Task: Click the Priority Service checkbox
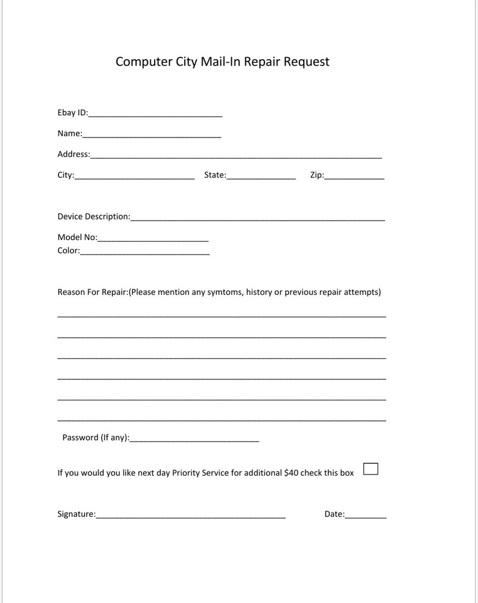coord(371,469)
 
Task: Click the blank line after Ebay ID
coord(155,114)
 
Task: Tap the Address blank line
coord(235,156)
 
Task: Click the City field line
coord(134,177)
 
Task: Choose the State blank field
coord(261,177)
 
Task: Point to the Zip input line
coord(354,177)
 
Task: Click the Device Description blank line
coord(257,218)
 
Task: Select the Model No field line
coord(153,239)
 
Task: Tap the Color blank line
coord(145,252)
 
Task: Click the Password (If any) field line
coord(194,439)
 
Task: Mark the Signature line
coord(191,516)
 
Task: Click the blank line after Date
coord(366,516)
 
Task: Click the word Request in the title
coord(307,62)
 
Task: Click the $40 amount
coord(291,473)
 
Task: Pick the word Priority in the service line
coord(187,473)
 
